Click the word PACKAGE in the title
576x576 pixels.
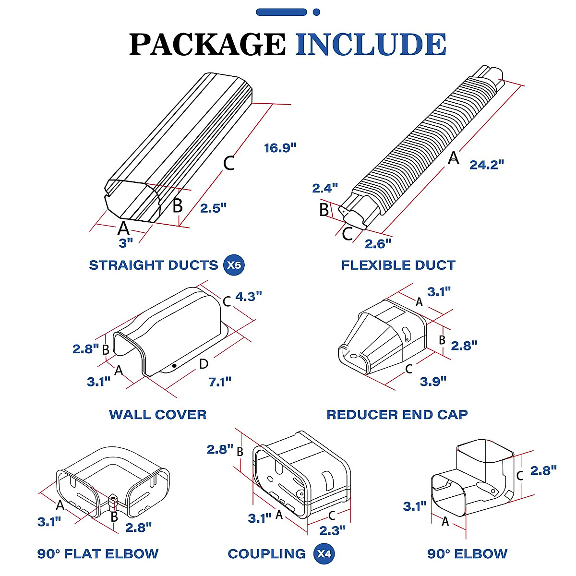[207, 44]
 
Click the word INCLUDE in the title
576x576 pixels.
[371, 44]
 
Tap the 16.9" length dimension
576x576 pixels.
[280, 148]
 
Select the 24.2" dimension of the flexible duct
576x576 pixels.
[487, 165]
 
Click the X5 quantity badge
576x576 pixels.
[234, 265]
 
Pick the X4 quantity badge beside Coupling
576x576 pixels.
[324, 554]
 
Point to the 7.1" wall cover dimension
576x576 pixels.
[220, 382]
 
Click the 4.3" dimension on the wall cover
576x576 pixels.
[249, 297]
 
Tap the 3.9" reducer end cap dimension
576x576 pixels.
[433, 381]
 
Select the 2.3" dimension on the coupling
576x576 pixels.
[332, 530]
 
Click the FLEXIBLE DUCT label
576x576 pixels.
[398, 265]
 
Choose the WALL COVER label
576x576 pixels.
[157, 414]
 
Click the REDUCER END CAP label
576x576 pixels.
[397, 414]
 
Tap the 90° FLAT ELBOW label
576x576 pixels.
[98, 554]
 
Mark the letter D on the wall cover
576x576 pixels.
[204, 364]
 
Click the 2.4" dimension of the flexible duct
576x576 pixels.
[325, 188]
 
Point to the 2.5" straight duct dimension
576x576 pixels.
[213, 208]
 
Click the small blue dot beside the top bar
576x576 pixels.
[316, 12]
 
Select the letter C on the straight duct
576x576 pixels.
[229, 163]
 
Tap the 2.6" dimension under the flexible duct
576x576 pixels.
[378, 244]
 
